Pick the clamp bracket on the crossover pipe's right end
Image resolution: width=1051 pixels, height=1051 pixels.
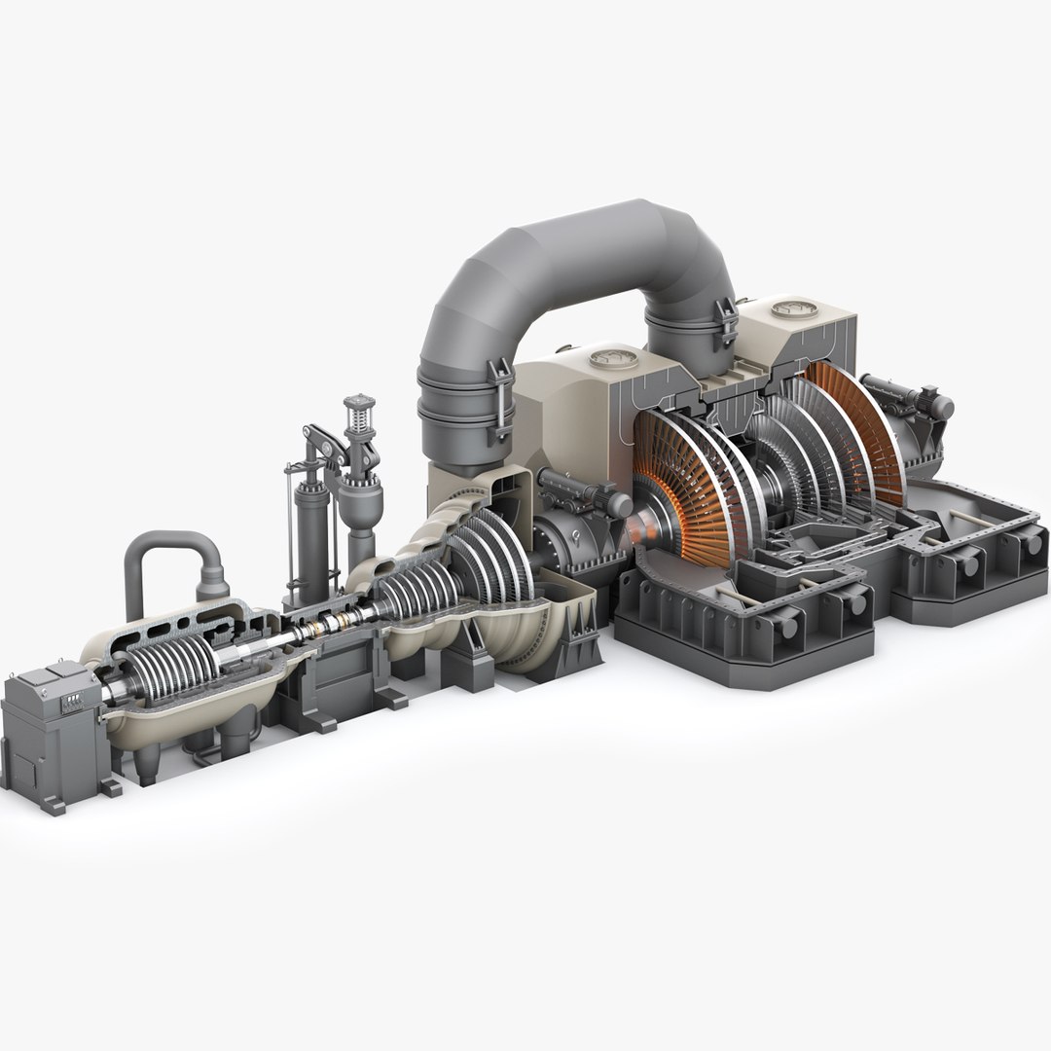click(725, 325)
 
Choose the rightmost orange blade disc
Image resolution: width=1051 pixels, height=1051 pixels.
click(856, 428)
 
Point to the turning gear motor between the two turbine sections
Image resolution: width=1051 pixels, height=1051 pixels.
click(584, 491)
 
